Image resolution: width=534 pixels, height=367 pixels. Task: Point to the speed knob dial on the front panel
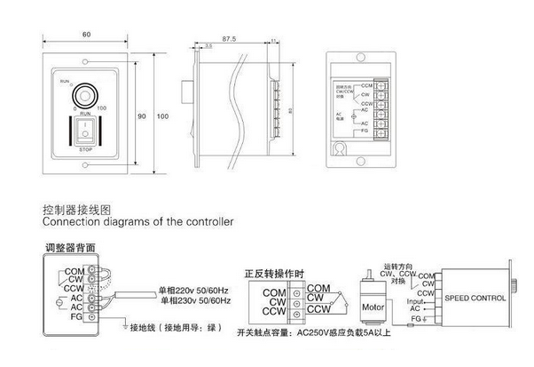(x=85, y=94)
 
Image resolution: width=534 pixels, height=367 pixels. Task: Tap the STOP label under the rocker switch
(x=86, y=150)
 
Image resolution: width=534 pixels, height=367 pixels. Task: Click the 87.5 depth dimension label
(x=228, y=38)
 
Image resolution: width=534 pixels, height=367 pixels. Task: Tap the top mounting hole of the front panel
(x=85, y=60)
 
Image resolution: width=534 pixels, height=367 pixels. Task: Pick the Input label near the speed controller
(x=415, y=299)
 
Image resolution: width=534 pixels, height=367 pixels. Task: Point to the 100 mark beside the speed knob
(x=103, y=107)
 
